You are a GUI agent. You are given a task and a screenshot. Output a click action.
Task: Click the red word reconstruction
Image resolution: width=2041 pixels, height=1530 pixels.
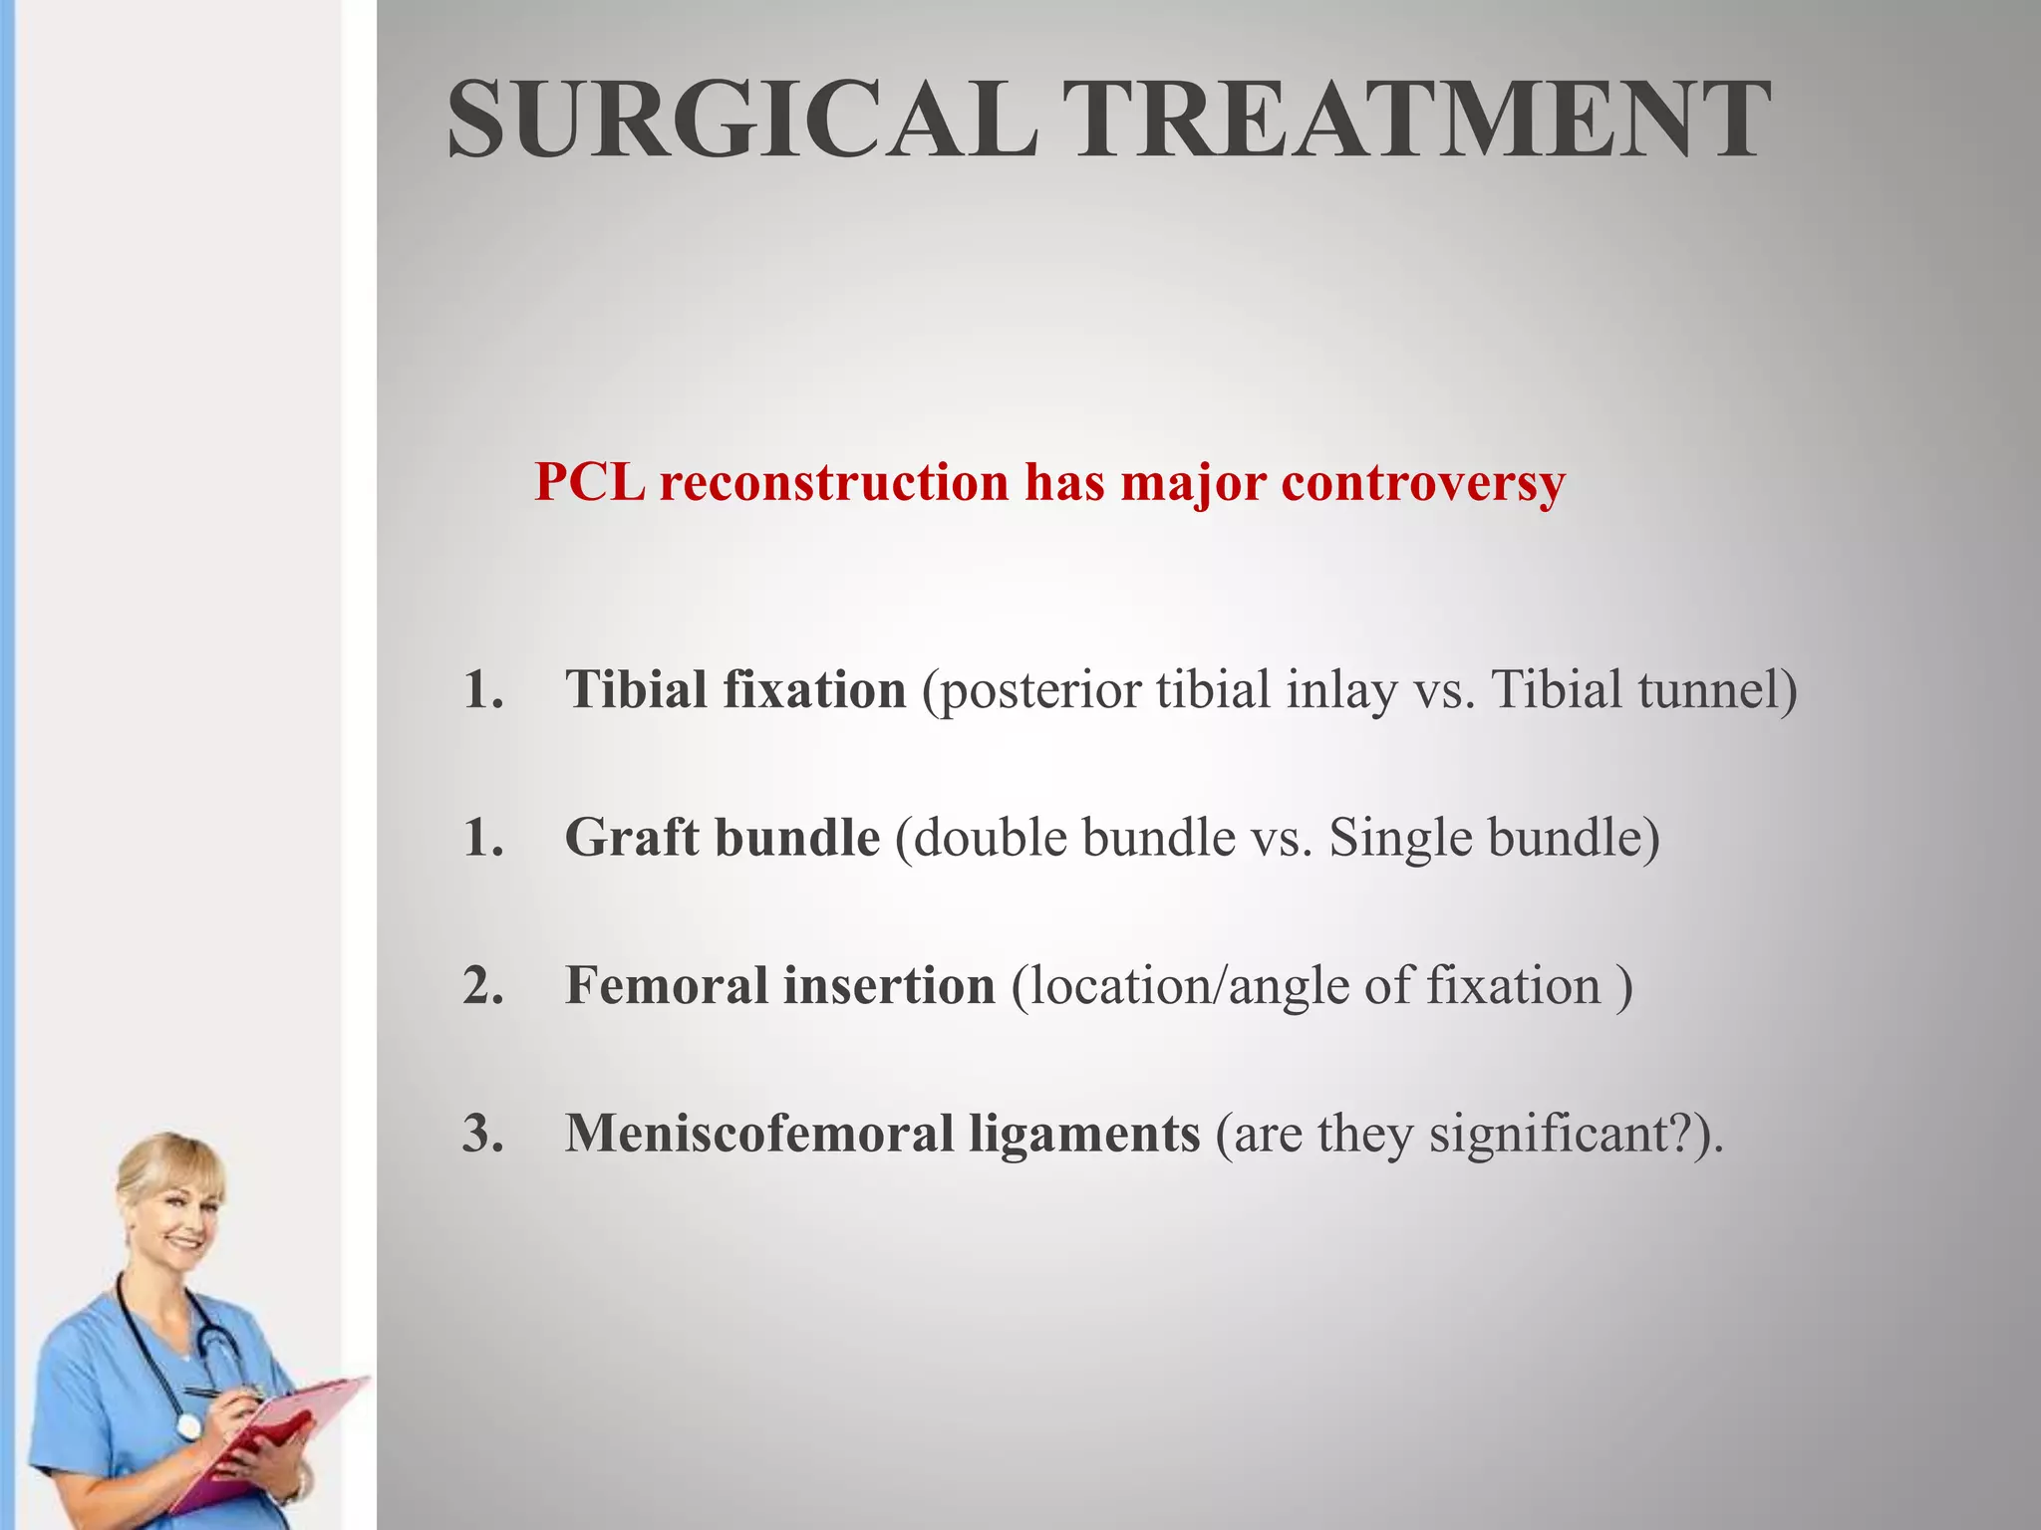pos(833,482)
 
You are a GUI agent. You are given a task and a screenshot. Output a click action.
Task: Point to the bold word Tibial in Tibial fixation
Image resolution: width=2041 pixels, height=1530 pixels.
pos(635,689)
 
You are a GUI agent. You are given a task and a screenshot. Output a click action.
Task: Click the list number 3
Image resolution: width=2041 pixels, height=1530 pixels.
pos(483,1134)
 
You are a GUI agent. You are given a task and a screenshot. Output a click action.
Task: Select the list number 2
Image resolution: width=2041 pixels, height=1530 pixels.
pos(483,986)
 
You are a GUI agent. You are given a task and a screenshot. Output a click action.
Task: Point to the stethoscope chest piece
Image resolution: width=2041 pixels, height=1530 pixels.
pos(188,1425)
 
